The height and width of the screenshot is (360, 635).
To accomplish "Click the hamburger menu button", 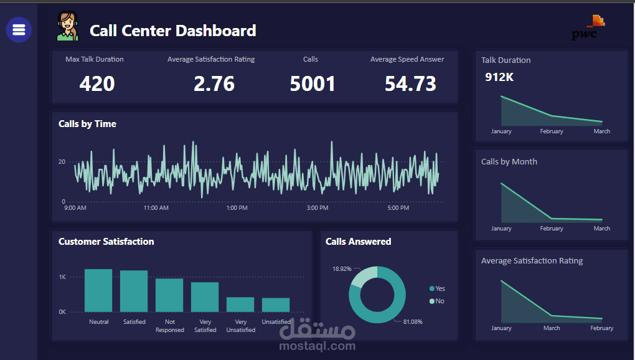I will (19, 29).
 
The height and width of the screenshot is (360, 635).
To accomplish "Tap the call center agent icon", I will (68, 27).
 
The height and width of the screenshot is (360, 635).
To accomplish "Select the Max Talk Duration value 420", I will (97, 83).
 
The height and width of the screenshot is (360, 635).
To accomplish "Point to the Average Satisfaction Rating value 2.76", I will (214, 83).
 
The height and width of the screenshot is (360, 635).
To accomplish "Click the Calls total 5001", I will (313, 83).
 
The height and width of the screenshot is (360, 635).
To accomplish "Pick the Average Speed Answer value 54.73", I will (410, 83).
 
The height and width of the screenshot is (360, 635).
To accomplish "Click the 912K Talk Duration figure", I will (499, 77).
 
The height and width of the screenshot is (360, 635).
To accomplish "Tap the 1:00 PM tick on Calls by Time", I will (237, 208).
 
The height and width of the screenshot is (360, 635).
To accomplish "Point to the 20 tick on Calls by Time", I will (62, 162).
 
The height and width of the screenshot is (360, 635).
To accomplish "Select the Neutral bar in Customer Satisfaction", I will (98, 290).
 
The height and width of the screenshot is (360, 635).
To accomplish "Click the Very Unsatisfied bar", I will (240, 304).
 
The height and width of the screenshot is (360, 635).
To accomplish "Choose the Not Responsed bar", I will (169, 295).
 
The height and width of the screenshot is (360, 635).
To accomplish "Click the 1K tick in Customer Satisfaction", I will (62, 277).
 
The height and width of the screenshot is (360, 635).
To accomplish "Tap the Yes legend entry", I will (437, 288).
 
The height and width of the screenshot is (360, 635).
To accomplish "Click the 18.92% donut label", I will (342, 269).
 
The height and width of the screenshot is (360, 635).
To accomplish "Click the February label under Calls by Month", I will (552, 229).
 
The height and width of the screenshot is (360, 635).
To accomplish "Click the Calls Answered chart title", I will (358, 242).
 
